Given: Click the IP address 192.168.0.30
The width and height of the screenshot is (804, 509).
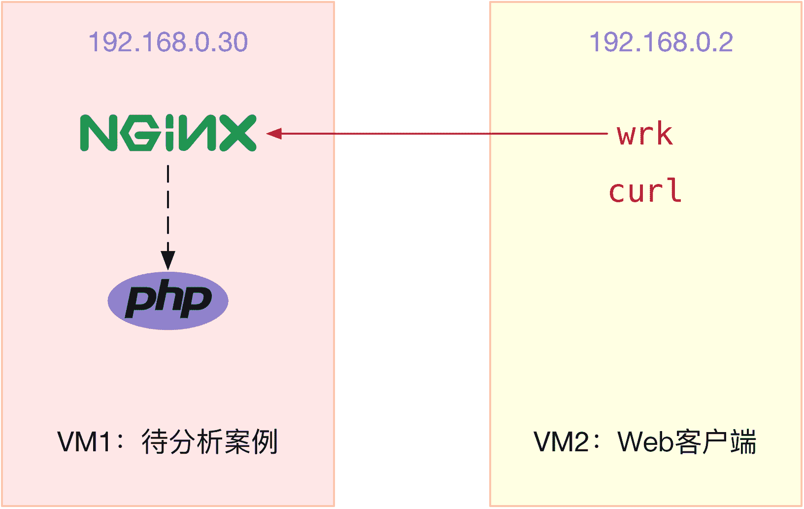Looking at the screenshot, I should (x=168, y=42).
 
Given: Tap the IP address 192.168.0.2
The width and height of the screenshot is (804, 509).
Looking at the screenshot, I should (x=661, y=42).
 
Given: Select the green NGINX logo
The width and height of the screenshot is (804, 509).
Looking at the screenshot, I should (x=168, y=133).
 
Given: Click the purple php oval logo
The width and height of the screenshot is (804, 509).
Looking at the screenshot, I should (x=168, y=300).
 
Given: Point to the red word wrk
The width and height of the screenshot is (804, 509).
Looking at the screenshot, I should (x=644, y=134).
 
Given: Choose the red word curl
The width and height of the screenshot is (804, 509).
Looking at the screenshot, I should (x=645, y=191).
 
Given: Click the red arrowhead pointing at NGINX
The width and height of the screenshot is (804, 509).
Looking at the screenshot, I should (x=274, y=133).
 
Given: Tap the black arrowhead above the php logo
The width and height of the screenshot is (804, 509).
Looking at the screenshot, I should (x=168, y=259).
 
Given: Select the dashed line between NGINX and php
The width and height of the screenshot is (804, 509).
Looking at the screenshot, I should (x=168, y=207).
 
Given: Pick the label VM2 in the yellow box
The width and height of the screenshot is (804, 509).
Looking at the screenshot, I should (x=561, y=442).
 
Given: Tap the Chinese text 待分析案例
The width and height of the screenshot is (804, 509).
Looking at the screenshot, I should (x=210, y=442).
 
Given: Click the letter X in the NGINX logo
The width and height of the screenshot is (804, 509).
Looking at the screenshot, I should (x=237, y=133).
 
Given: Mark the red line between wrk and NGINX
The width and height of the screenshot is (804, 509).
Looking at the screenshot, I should (x=443, y=133).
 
